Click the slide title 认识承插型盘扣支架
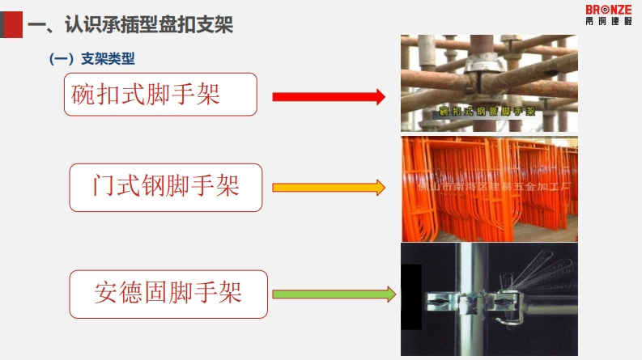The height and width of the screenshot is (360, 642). [x=130, y=26]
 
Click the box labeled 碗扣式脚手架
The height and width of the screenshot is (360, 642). [x=160, y=94]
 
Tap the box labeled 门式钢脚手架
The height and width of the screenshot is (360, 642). [x=166, y=187]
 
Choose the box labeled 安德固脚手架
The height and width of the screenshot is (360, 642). [x=168, y=294]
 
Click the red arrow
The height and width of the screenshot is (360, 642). [x=328, y=97]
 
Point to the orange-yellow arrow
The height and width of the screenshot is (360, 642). [x=328, y=188]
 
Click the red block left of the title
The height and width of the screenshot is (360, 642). [x=12, y=25]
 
